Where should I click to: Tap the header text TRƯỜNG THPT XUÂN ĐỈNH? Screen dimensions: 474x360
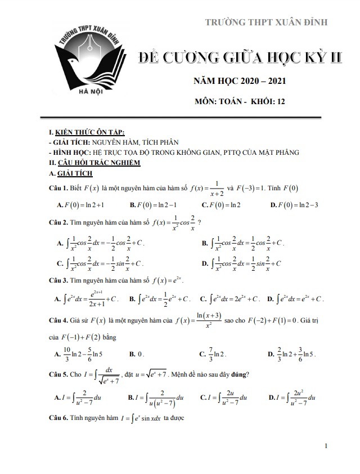tap(266, 22)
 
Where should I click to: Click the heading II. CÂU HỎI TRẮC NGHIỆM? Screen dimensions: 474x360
tap(95, 163)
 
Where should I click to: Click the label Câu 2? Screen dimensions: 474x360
tap(58, 222)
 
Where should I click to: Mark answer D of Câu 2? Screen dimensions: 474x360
tap(242, 263)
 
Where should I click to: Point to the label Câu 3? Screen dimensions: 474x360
tap(58, 280)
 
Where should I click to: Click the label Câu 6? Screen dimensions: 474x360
tap(58, 418)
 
